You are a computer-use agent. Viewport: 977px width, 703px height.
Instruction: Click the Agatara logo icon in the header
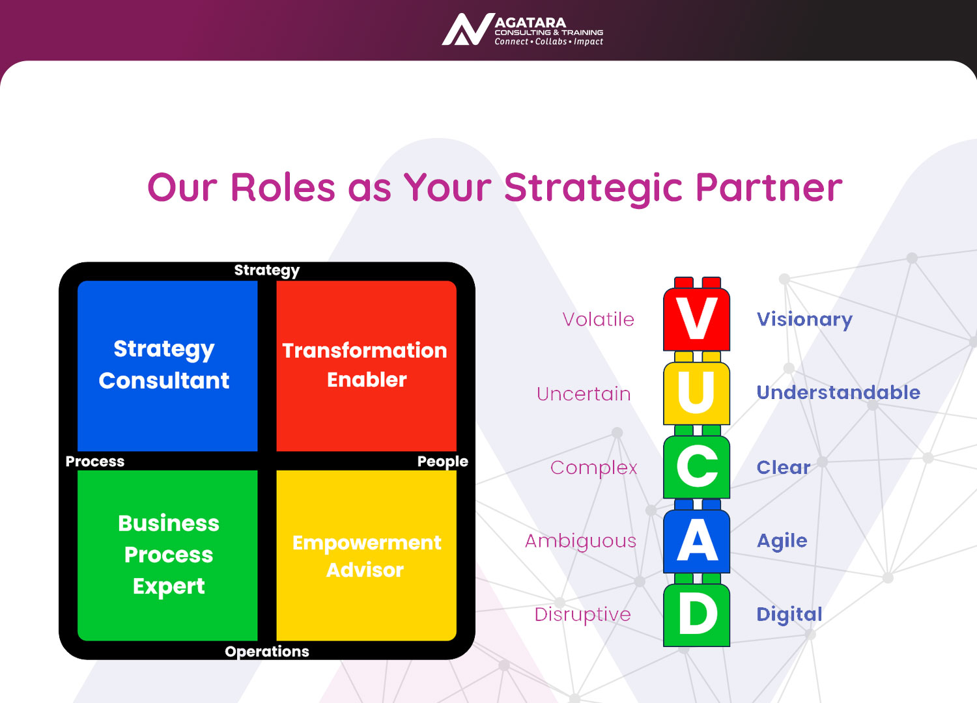tap(468, 29)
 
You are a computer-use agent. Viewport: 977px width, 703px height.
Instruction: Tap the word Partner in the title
tap(769, 187)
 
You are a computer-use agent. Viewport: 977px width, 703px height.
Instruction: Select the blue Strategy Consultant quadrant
tap(167, 366)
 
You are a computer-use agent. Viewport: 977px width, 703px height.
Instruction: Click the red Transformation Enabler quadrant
tap(366, 366)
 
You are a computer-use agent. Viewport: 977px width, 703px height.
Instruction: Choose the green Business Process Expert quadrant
tap(167, 555)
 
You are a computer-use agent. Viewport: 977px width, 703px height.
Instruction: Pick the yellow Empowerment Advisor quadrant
tap(366, 555)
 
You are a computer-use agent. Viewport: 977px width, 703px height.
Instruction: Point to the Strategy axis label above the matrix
tap(267, 271)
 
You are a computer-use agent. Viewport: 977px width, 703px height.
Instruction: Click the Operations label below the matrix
tap(267, 652)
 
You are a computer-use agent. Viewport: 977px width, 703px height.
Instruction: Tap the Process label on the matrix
tap(95, 461)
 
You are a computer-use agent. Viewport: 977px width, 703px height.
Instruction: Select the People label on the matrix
tap(443, 462)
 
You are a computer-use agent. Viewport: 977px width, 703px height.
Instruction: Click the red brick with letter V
tap(696, 314)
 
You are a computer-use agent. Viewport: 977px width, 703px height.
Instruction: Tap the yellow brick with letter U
tap(696, 388)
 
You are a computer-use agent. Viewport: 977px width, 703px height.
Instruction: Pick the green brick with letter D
tap(696, 610)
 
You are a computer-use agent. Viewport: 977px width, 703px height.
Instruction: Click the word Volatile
tap(598, 320)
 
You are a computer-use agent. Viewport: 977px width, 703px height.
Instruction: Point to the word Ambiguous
tap(580, 542)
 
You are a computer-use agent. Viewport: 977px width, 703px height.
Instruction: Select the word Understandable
tap(838, 393)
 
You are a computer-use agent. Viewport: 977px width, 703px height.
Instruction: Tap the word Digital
tap(789, 614)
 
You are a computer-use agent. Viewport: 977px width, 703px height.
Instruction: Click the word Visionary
tap(804, 320)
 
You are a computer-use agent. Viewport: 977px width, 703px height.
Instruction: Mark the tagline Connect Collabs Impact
tap(548, 42)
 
